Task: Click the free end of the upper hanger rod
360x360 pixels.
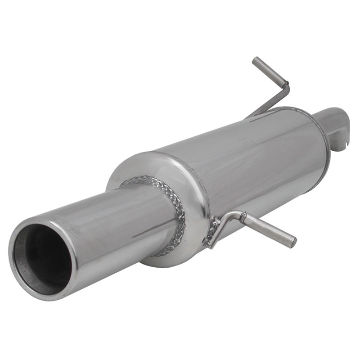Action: point(256,61)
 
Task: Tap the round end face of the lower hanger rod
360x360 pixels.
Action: point(293,243)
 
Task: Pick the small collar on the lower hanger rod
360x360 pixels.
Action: point(243,219)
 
